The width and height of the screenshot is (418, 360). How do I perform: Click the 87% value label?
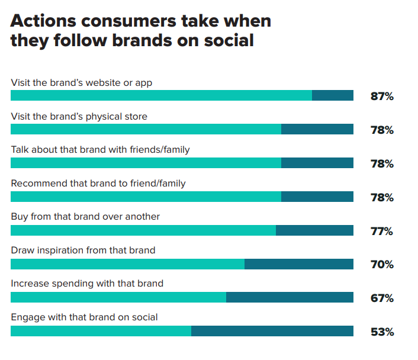coord(382,96)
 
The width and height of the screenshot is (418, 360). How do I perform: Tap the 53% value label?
coord(382,332)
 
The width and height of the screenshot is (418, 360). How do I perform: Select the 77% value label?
coord(382,231)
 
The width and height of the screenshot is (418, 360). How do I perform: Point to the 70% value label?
coord(382,265)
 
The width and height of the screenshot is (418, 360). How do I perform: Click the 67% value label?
coord(382,298)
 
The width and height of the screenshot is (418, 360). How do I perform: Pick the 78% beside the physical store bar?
coord(382,130)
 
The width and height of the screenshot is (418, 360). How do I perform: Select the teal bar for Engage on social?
coord(101,331)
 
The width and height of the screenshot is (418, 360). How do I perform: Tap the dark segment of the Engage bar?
coord(272,331)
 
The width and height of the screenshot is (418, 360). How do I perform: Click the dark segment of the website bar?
coord(333,95)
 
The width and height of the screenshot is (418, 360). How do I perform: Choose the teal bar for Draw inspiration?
coord(127,263)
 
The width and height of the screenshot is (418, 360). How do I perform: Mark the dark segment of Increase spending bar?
coord(290,297)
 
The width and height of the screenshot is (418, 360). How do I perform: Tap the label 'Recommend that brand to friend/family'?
coord(98,184)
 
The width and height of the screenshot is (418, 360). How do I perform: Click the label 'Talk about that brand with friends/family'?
coord(100,150)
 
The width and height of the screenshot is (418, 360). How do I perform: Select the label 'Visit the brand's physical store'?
coord(79,116)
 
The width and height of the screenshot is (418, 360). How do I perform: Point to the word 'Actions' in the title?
coord(44,21)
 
